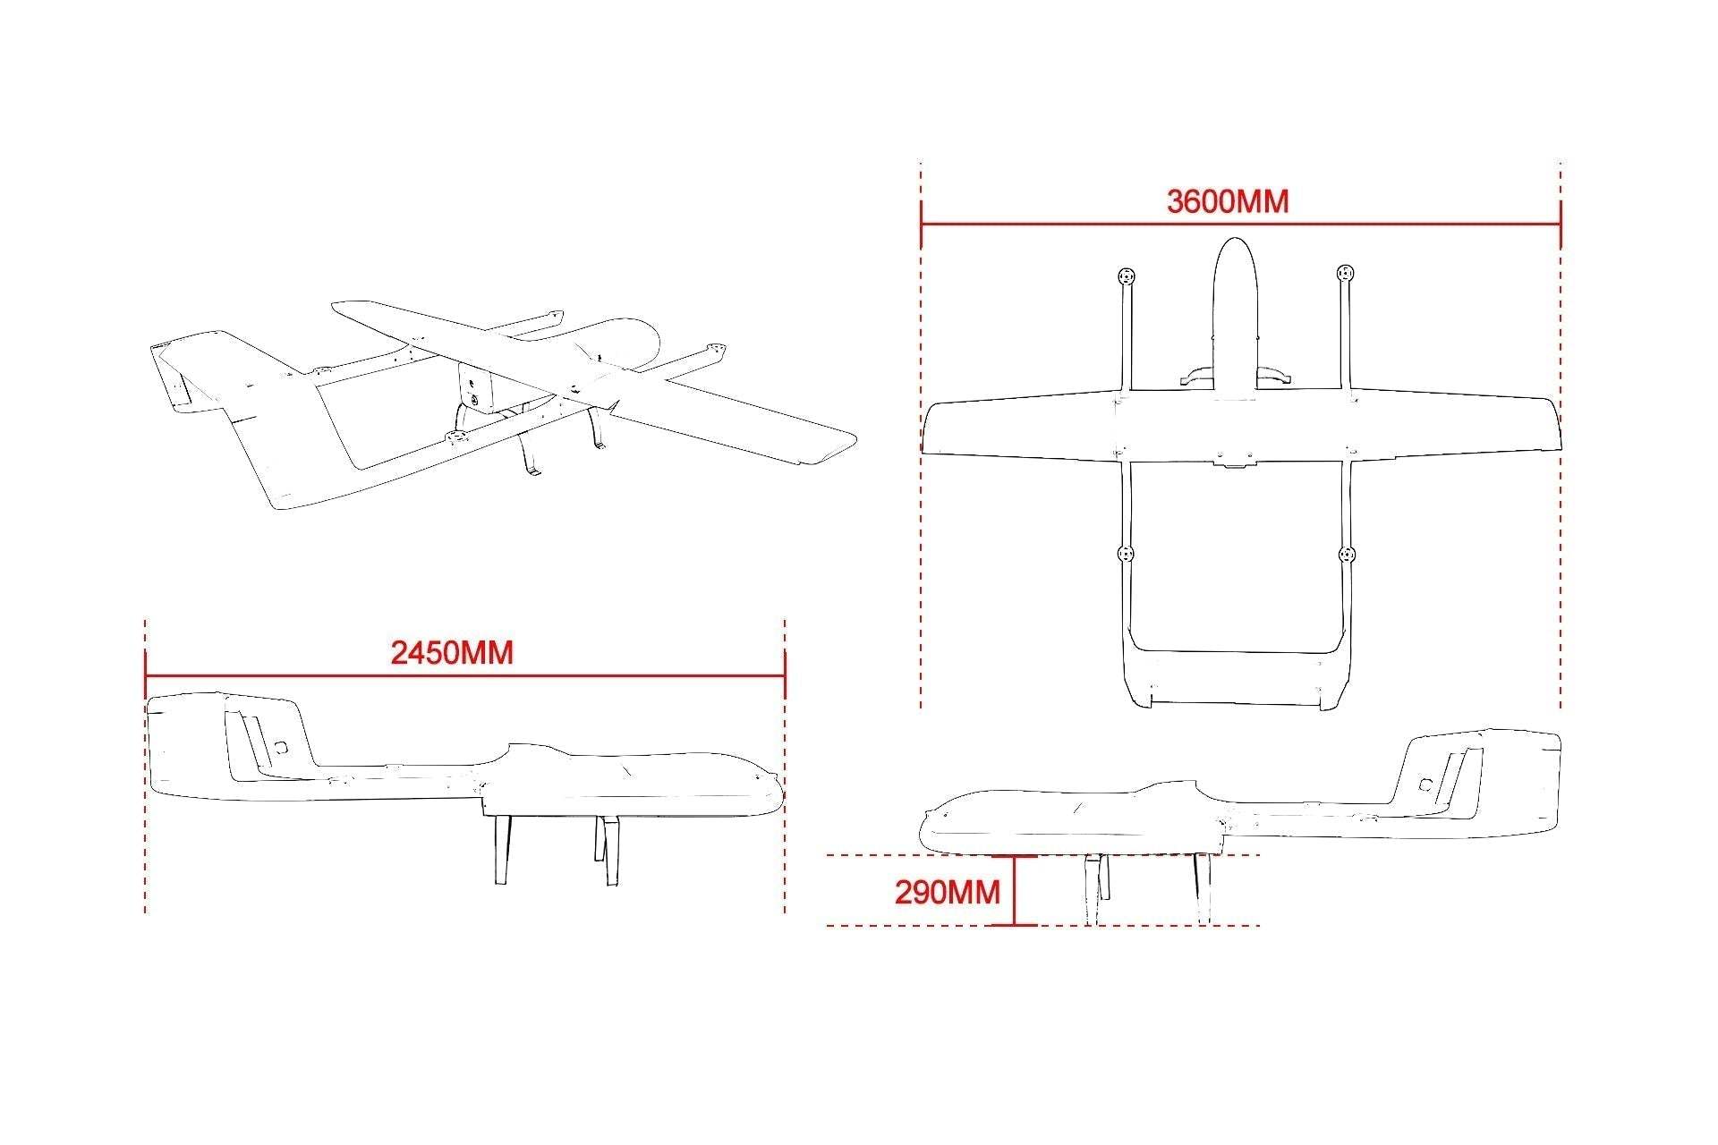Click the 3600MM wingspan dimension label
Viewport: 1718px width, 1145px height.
1228,201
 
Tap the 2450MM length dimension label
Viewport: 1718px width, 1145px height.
452,653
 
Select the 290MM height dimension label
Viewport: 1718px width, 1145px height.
948,892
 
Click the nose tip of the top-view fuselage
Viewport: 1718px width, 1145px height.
1235,238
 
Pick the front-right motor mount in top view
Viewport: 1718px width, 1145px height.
1345,273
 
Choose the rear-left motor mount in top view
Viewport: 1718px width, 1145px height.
1126,555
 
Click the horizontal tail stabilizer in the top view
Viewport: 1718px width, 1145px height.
1235,680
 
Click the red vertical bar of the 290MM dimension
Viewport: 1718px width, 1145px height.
1014,891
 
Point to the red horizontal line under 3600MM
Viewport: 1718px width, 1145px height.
1241,225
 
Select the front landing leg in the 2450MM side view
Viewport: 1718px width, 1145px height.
608,852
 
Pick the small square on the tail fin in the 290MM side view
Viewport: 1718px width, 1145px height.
1425,785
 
